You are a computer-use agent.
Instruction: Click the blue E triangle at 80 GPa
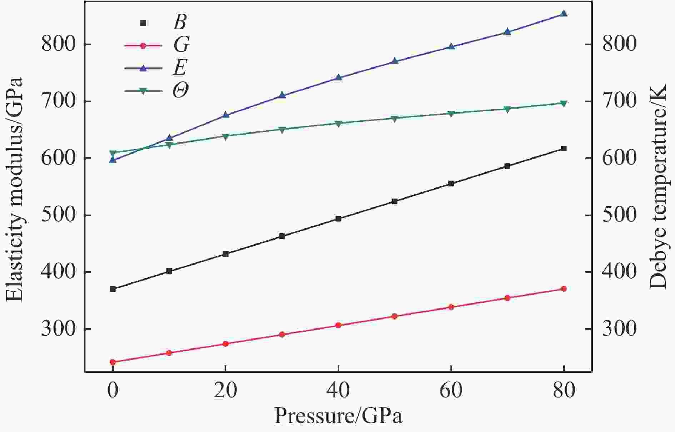564,14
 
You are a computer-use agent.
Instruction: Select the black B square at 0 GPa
113,289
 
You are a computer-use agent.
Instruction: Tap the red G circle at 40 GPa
338,325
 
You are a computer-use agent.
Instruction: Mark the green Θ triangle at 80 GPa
564,104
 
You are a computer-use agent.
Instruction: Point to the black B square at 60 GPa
451,184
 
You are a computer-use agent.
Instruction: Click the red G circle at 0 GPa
113,362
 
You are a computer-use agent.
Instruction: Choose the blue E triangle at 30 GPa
282,95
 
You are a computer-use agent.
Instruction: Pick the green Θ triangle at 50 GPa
395,119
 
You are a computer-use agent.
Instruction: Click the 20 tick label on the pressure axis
225,391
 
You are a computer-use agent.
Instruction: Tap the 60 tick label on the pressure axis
451,391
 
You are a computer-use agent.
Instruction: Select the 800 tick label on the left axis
58,44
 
